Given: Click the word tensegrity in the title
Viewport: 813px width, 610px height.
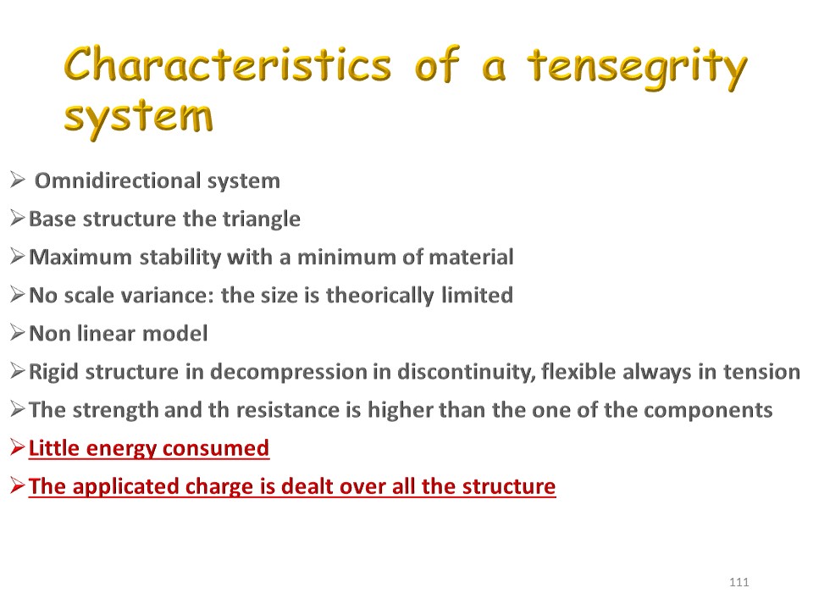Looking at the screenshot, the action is (638, 68).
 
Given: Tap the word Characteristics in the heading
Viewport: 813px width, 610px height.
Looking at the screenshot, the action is (228, 64).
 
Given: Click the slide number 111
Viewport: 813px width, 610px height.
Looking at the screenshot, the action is (738, 582).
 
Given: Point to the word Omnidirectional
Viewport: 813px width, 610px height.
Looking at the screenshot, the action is (118, 180).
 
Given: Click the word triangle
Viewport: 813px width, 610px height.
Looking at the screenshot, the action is (262, 219).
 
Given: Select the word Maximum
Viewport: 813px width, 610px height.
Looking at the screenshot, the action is (80, 257).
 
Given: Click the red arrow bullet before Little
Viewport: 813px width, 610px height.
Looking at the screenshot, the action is (18, 447).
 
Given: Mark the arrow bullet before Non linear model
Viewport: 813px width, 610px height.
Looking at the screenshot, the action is (18, 333).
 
